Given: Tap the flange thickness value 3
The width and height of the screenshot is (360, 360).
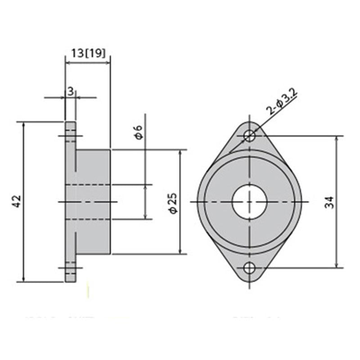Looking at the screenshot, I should [x=70, y=91].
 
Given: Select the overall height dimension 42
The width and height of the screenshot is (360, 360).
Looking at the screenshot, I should [x=16, y=202].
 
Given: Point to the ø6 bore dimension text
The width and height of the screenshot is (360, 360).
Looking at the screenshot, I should [x=139, y=133].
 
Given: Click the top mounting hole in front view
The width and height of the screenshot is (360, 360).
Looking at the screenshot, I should [x=250, y=135].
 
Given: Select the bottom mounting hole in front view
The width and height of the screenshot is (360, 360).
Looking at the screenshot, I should [x=250, y=269].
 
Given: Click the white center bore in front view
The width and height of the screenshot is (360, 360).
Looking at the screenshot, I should [x=250, y=202].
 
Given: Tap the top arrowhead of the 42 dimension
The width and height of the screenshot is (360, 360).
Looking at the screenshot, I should [x=23, y=125].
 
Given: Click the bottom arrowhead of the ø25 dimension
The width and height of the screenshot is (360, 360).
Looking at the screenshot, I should [x=180, y=251].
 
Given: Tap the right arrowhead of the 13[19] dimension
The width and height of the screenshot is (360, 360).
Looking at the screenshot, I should [x=108, y=63].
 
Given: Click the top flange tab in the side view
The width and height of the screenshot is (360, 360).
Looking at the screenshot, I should [x=70, y=135].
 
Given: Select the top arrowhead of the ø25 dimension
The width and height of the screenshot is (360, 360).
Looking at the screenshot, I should [x=180, y=153].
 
